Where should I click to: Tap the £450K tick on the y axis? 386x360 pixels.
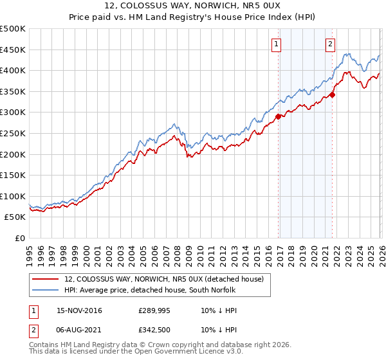[13, 50]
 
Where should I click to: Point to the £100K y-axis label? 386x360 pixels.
[13, 196]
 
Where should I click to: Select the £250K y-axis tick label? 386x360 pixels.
[13, 133]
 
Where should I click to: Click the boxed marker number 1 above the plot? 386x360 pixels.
[276, 44]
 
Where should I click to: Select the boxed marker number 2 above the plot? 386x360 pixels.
[330, 44]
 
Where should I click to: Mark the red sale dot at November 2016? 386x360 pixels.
[279, 116]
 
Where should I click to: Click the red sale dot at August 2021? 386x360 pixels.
[333, 94]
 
